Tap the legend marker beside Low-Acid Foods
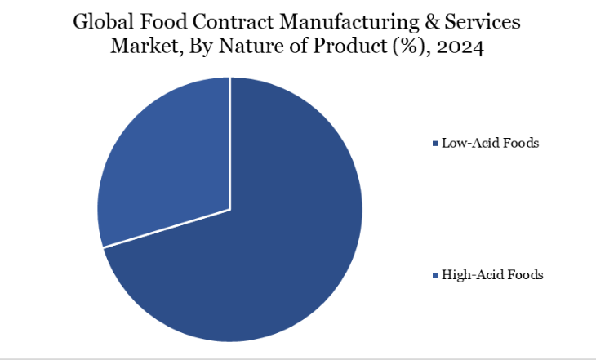click(434, 144)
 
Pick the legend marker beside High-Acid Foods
click(434, 275)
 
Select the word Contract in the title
click(232, 23)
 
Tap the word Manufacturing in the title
click(349, 23)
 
